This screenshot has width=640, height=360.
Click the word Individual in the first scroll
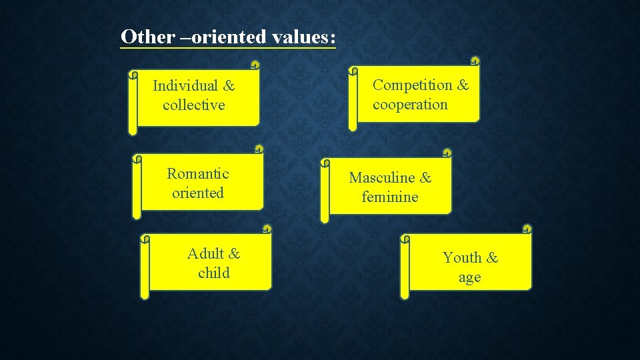coord(185,85)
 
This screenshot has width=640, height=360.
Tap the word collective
coord(194,105)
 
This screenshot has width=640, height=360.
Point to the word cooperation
coord(410,104)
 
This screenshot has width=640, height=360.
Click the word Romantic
coord(198,173)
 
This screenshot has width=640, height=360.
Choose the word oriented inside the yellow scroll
coord(198,193)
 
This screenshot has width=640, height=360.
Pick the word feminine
coord(390,197)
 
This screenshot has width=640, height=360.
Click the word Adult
coord(205,253)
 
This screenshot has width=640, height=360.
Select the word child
coord(214,273)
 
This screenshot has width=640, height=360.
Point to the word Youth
coord(462,257)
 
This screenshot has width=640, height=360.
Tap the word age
coord(469,278)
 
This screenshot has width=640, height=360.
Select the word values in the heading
coord(299,36)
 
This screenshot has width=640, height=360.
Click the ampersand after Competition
coord(463,85)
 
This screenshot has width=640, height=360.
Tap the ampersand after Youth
coord(492,257)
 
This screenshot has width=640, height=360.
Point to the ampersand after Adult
coord(234,253)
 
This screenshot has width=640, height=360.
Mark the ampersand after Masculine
coord(425,177)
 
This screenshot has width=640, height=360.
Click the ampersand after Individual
coord(229,85)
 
